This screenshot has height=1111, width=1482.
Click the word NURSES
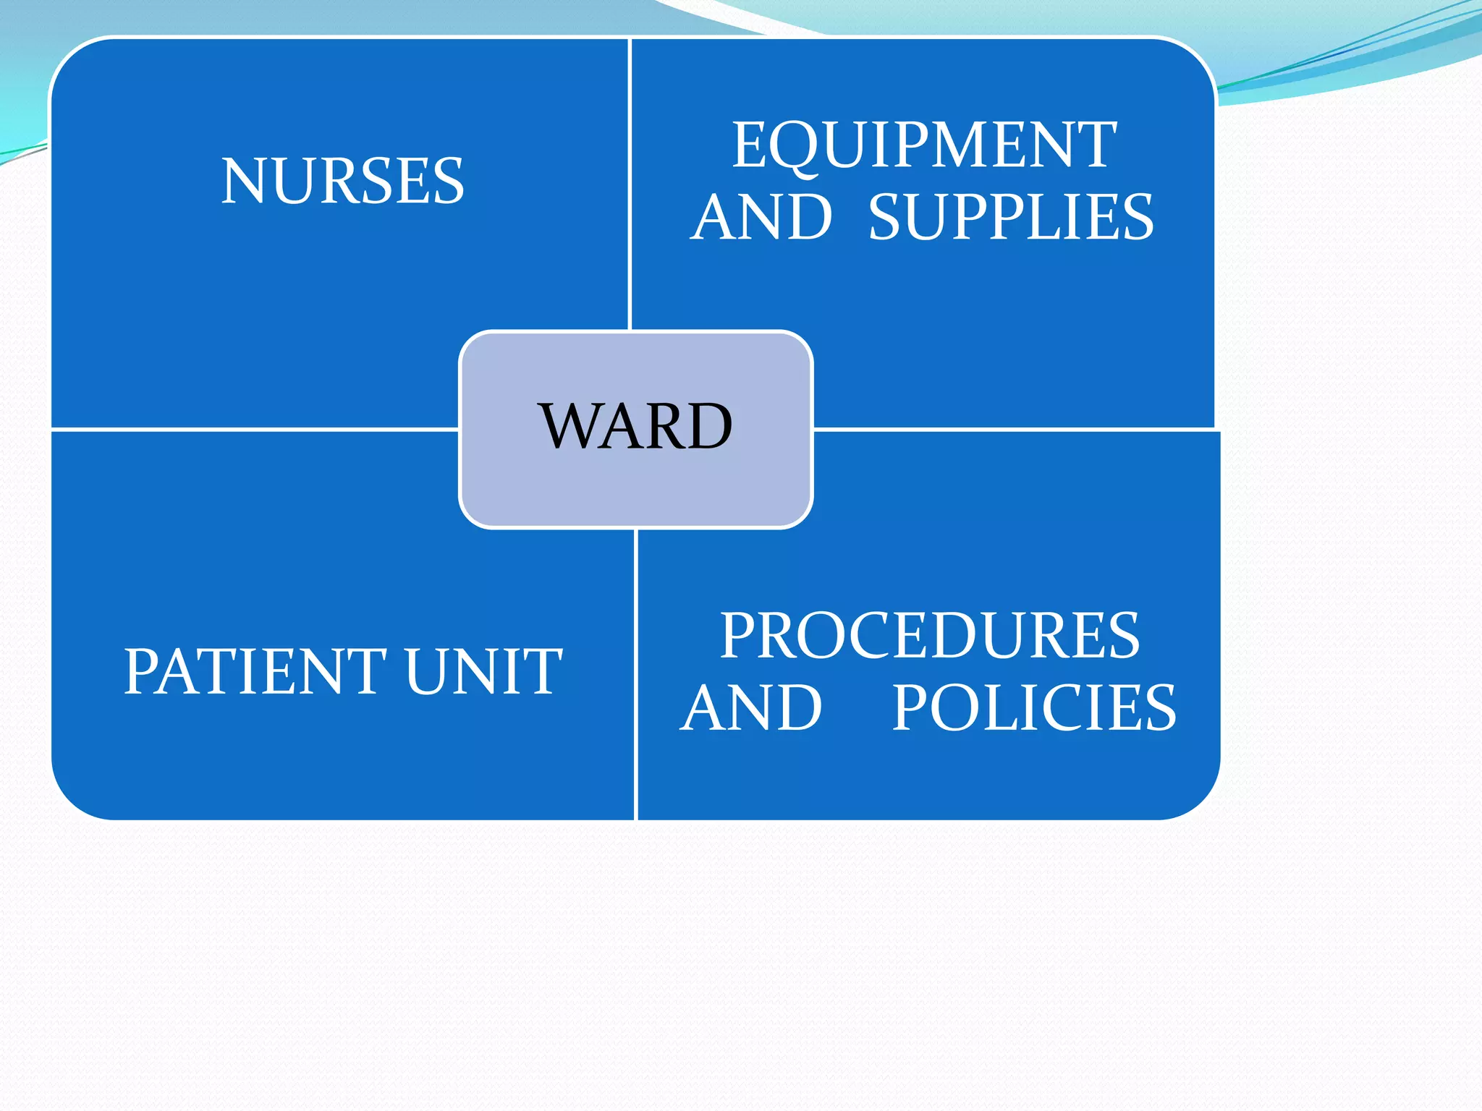click(342, 181)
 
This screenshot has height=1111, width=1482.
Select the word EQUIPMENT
click(924, 145)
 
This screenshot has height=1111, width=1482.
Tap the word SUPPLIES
click(1011, 217)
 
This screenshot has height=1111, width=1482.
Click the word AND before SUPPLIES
click(761, 217)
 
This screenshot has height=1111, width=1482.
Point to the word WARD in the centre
click(635, 427)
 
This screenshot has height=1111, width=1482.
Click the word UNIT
click(483, 671)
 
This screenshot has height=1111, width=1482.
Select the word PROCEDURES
click(929, 636)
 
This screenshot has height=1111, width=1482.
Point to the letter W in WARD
click(570, 427)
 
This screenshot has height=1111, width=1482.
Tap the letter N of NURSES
click(244, 181)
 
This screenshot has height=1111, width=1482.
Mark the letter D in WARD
click(707, 427)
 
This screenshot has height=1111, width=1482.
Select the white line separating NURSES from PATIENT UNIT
click(253, 430)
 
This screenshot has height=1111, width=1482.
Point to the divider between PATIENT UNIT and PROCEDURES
click(635, 673)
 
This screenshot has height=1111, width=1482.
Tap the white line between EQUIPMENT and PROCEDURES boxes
click(1013, 430)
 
